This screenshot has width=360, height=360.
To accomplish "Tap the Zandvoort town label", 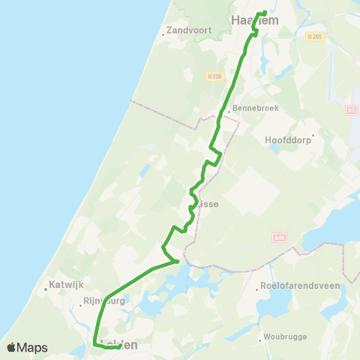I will (190, 31).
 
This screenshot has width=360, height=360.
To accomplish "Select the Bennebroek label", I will (256, 107).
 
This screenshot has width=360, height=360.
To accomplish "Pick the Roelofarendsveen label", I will (299, 286).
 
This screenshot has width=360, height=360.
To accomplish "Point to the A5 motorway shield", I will (352, 110).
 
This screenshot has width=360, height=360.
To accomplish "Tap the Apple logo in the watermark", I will (11, 347).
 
